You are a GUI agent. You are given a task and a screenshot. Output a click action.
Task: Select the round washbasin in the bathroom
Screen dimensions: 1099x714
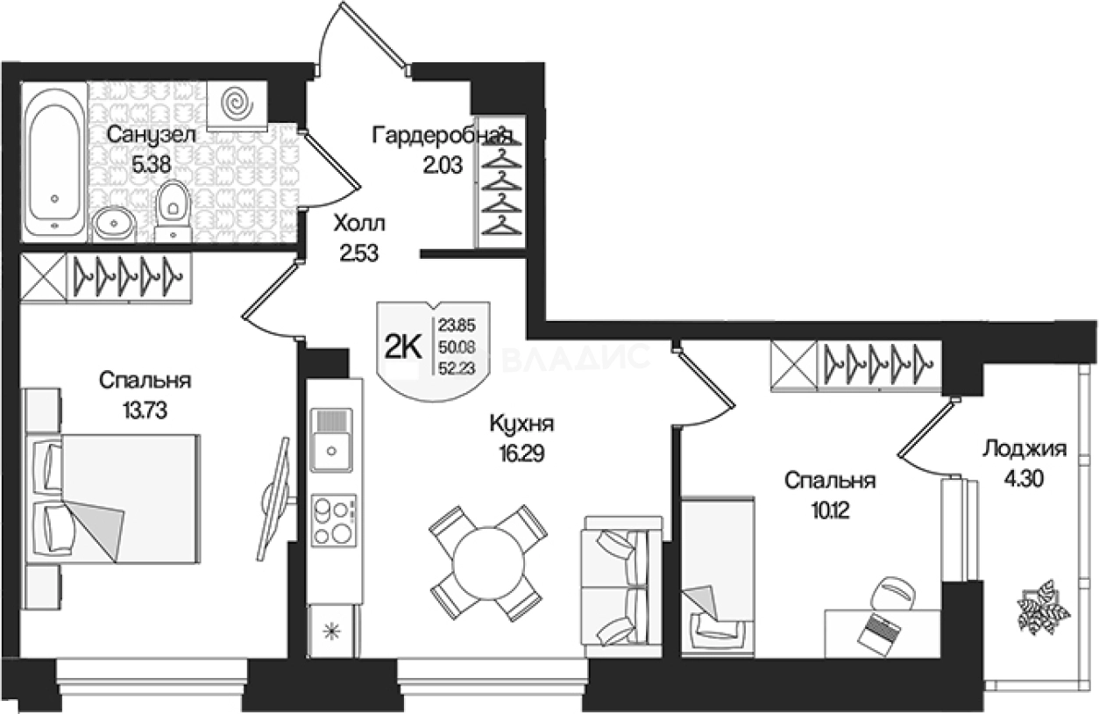114,225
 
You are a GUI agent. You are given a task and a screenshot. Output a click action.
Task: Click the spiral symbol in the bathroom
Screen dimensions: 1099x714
238,103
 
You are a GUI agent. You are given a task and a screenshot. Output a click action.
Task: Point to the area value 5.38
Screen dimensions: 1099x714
152,165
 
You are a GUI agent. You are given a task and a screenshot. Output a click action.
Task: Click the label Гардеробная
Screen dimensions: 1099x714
443,135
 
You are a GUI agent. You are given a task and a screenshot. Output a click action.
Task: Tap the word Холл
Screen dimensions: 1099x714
359,224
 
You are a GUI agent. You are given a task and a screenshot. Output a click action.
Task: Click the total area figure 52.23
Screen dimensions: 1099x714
457,368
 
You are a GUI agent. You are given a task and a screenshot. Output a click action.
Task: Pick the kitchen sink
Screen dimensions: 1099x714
332,440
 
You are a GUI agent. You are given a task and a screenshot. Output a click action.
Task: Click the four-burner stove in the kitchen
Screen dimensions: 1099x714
334,520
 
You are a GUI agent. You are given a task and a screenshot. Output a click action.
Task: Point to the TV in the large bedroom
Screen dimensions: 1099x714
276,498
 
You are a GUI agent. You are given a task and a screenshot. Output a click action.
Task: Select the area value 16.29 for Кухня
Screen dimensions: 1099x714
521,453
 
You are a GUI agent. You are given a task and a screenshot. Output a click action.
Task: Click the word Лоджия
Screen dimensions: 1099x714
1024,449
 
